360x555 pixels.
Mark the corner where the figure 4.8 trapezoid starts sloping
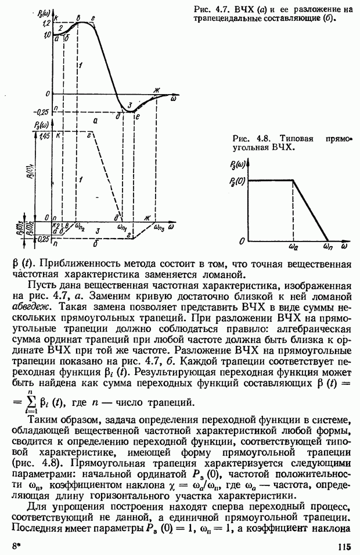tap(293, 181)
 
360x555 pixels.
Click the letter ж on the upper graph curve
tap(156, 89)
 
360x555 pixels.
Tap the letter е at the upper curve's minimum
tap(137, 117)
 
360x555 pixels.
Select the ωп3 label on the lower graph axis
tap(159, 227)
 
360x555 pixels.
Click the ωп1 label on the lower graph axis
tap(123, 228)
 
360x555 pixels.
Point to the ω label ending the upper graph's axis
tap(173, 99)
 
